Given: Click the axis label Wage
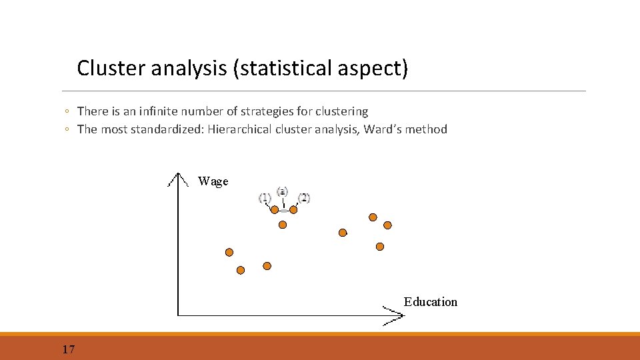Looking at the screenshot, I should click(213, 181).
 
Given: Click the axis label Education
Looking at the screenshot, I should click(430, 302).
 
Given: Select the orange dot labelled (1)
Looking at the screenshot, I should click(274, 209).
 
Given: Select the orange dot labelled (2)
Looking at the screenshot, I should click(293, 209).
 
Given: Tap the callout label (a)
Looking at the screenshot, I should click(283, 191).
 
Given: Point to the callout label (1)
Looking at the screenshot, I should click(265, 197).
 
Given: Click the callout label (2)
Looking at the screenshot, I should click(304, 197).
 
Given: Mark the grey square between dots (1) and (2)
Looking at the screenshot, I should click(283, 211).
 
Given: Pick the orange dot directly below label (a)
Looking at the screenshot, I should click(283, 225).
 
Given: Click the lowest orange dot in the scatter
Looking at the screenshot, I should click(241, 270).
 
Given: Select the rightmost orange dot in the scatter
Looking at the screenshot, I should click(387, 225).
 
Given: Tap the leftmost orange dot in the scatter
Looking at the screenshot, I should click(229, 252).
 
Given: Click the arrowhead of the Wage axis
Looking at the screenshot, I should click(177, 179).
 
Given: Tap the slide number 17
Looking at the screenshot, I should click(68, 349).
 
